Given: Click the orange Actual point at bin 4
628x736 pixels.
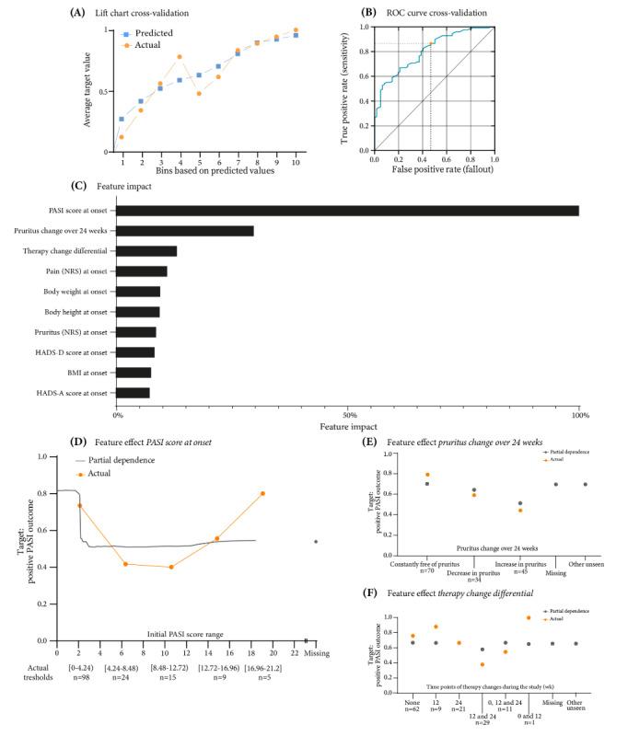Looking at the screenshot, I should coord(180,57).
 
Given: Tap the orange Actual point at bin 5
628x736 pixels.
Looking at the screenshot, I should coord(198,93).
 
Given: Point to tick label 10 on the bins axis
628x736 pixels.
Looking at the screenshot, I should coord(295,162).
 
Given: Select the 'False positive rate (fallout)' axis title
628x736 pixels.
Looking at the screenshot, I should coord(433,172).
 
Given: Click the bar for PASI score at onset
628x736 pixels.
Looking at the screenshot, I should coord(347,211).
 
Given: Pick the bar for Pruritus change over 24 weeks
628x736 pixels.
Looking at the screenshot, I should coord(185,231).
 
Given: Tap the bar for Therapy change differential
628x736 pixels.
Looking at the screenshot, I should coord(146,251).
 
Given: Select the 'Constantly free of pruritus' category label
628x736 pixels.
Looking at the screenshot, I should coord(426,563).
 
